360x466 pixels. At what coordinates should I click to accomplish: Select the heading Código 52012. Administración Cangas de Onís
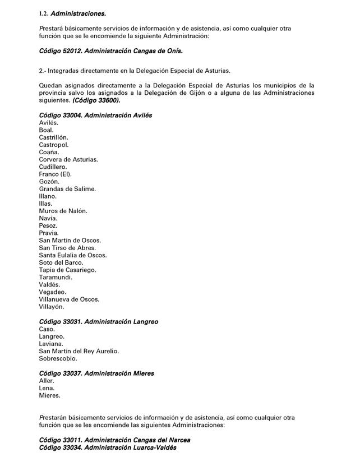(x=111, y=50)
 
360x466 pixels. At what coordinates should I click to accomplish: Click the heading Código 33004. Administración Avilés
(x=95, y=115)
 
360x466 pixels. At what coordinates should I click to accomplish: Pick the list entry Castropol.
(x=54, y=145)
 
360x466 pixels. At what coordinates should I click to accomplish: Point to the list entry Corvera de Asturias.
(x=68, y=159)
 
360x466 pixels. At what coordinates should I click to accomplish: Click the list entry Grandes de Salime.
(x=67, y=189)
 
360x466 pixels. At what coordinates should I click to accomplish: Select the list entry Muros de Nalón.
(x=63, y=211)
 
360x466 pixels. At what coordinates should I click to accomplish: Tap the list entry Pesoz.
(x=49, y=225)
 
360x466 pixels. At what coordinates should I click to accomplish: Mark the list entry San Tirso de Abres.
(x=67, y=248)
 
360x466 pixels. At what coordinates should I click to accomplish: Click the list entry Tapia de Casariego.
(x=67, y=270)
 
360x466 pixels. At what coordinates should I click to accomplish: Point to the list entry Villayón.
(x=52, y=307)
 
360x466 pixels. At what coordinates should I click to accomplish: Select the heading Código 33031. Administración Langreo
(x=99, y=322)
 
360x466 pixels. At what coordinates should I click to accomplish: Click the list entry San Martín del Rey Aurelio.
(x=79, y=351)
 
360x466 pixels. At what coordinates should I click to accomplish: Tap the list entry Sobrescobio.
(x=58, y=358)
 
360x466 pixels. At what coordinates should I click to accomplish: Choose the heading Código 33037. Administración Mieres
(x=96, y=373)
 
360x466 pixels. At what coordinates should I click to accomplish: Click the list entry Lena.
(x=47, y=388)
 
